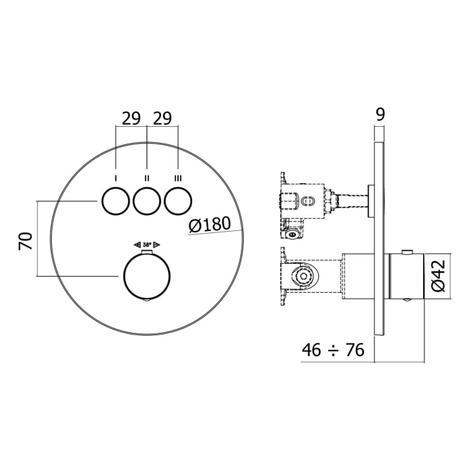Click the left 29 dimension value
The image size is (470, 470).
pyautogui.click(x=131, y=118)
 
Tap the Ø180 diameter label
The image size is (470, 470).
pyautogui.click(x=209, y=226)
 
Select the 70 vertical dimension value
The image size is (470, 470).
pyautogui.click(x=24, y=240)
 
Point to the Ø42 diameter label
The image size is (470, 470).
pyautogui.click(x=438, y=276)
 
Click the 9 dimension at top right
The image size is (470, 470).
pyautogui.click(x=379, y=114)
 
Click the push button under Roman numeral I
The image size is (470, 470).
pyautogui.click(x=115, y=200)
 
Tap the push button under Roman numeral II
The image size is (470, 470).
pyautogui.click(x=146, y=200)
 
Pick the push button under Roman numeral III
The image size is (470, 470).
pyautogui.click(x=178, y=200)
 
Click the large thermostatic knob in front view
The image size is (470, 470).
pyautogui.click(x=146, y=276)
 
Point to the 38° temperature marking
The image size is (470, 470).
pyautogui.click(x=146, y=245)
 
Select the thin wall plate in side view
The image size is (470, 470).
pyautogui.click(x=379, y=238)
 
